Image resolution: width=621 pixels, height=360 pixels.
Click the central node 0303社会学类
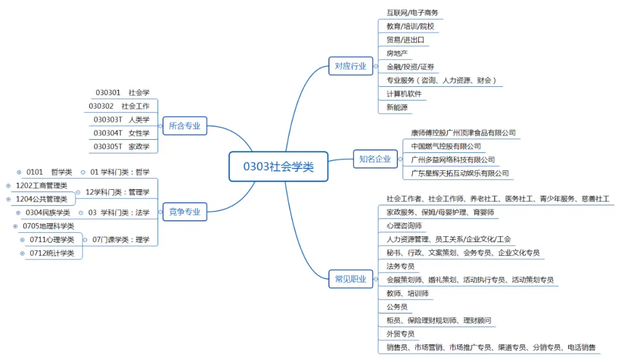[x=278, y=167]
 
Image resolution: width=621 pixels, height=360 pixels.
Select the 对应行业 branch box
[x=350, y=66]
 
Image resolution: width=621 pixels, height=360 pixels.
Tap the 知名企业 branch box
[x=375, y=159]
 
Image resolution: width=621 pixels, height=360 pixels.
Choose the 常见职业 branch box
[x=350, y=279]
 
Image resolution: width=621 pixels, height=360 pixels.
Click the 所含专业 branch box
[x=185, y=126]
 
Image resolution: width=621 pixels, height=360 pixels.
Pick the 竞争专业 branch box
[x=185, y=212]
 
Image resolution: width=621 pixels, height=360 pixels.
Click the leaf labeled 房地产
[x=397, y=53]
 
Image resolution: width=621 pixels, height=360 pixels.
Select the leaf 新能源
[x=397, y=108]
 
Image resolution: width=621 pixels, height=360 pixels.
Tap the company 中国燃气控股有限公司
[x=446, y=146]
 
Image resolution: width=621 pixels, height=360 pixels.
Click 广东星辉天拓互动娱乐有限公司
[x=459, y=173]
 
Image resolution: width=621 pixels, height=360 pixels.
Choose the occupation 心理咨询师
[x=404, y=226]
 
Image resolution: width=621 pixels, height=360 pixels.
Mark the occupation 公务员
[x=397, y=307]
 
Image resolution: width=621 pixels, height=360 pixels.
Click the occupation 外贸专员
[x=400, y=334]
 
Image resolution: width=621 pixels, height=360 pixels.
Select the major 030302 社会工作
[x=119, y=106]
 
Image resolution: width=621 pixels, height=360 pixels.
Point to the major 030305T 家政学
[x=121, y=147]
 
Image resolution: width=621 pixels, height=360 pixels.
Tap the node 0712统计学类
[x=52, y=253]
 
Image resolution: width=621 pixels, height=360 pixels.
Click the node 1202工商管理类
[x=41, y=185]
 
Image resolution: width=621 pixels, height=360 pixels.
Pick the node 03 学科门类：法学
[x=118, y=213]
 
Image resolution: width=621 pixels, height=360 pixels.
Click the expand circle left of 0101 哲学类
[x=19, y=172]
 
